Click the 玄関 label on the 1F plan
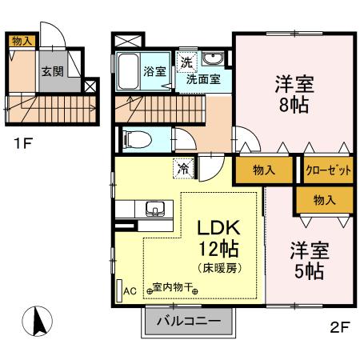tap(52, 70)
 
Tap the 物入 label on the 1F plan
tap(22, 41)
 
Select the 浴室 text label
tap(154, 71)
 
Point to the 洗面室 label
tap(204, 79)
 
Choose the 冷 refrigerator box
tap(183, 168)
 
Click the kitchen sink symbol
tap(154, 210)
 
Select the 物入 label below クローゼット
tap(323, 200)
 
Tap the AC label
tap(129, 292)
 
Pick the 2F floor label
tap(339, 327)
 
